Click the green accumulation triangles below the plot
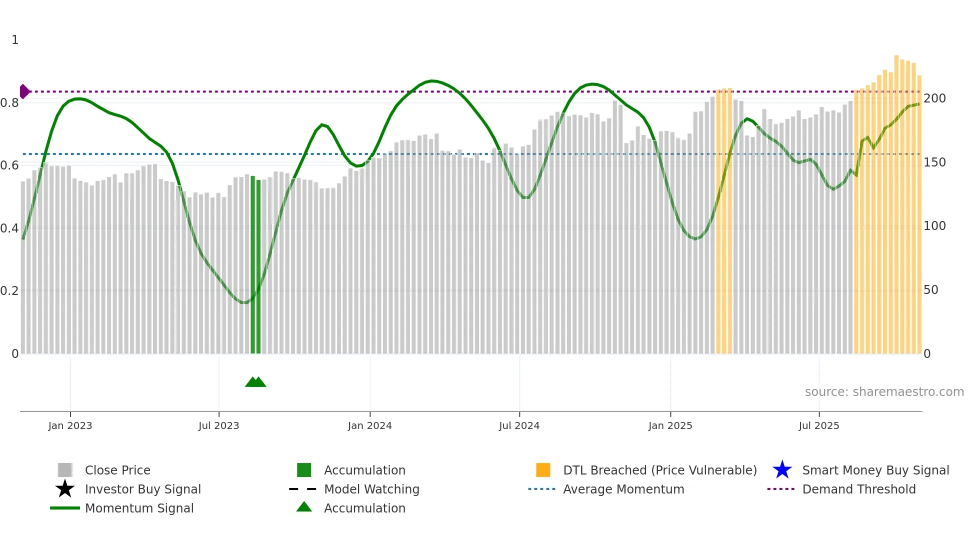255,382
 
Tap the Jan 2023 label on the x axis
70,425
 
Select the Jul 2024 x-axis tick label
519,425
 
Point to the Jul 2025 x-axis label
818,425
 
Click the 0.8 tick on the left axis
10,103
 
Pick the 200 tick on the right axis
934,98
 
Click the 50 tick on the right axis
931,290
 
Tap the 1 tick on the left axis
15,40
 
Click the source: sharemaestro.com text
884,392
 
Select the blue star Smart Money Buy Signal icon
782,470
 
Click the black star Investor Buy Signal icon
65,489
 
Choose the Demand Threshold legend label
858,489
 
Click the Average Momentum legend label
623,489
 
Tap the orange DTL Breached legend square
543,470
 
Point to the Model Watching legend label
371,489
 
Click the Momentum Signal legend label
139,508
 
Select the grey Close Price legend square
65,470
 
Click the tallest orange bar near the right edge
896,200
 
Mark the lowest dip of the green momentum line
244,302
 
